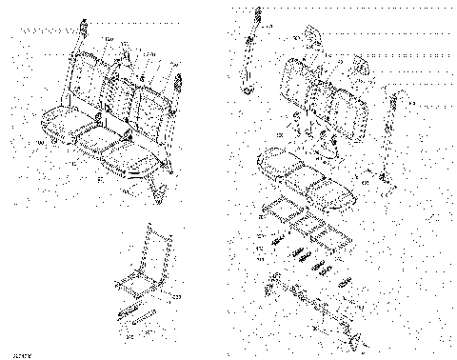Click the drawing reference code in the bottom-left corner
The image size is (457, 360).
11,353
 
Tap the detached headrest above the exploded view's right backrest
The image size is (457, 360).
362,67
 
